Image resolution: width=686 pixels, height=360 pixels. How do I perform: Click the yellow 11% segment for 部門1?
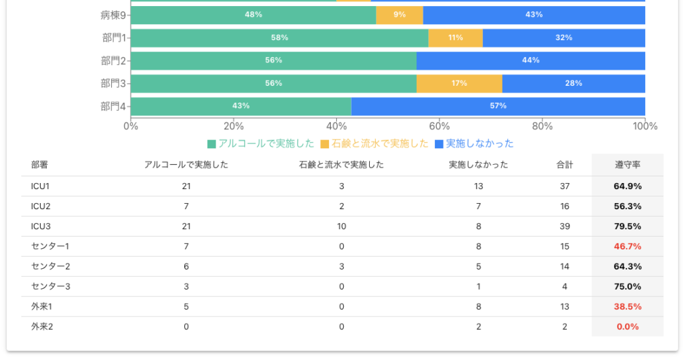pos(456,38)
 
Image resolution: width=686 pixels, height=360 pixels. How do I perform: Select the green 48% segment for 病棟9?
pos(253,15)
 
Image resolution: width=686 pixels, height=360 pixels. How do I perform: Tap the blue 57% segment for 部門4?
pos(498,106)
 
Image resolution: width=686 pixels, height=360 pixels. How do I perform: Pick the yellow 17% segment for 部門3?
pos(459,83)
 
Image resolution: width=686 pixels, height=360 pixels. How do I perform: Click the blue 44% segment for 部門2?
pos(531,60)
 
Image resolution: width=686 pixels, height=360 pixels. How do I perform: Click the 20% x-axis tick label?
pos(234,126)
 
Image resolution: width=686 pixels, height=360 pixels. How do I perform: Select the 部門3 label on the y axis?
pos(113,83)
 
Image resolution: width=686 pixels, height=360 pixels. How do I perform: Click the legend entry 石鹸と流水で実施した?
pos(374,143)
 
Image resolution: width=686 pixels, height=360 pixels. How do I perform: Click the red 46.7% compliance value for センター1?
pos(628,247)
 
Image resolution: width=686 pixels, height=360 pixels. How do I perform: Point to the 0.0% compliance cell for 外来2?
pos(628,327)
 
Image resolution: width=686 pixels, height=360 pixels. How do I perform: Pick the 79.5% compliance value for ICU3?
pos(628,227)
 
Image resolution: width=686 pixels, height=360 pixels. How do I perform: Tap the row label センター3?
pos(50,287)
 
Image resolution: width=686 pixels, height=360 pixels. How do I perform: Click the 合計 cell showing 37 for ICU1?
pos(565,186)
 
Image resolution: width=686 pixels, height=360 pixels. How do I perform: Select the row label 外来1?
pos(42,307)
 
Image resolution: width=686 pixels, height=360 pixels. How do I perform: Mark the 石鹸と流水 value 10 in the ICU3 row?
pos(342,227)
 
